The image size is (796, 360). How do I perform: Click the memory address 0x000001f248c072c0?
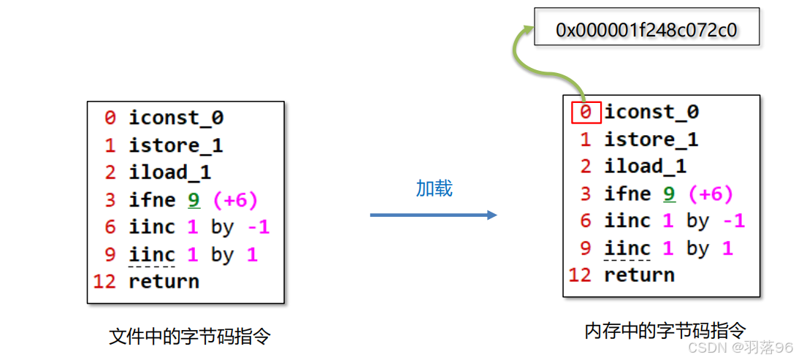[x=646, y=29]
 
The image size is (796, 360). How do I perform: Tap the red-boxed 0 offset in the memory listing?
[x=586, y=112]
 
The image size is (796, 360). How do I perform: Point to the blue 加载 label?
[x=435, y=188]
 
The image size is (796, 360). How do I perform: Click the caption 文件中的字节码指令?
[x=190, y=337]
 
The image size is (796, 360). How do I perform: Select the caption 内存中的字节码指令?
[x=665, y=331]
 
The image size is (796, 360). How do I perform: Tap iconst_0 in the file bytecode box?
[x=176, y=118]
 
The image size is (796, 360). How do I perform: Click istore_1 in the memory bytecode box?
[x=651, y=139]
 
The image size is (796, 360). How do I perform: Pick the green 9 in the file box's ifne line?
[x=194, y=200]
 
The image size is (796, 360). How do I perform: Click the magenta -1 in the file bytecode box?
[x=259, y=227]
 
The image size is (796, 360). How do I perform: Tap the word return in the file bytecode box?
[x=164, y=281]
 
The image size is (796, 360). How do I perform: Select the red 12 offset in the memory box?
[x=580, y=275]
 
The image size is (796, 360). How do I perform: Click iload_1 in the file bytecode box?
[x=169, y=172]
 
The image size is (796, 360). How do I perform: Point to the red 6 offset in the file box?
[x=110, y=227]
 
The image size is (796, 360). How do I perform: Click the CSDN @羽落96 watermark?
[x=740, y=347]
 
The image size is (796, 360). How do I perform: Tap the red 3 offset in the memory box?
[x=586, y=194]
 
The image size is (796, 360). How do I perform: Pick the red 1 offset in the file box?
[x=110, y=145]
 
